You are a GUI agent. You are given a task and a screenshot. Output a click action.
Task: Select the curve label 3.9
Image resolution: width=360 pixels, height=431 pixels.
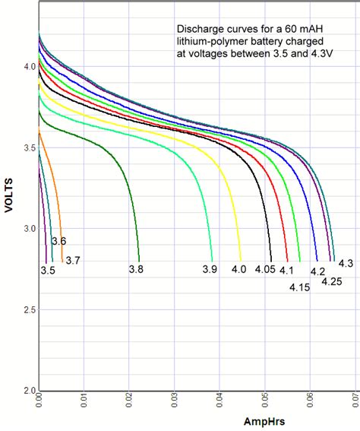click(x=210, y=270)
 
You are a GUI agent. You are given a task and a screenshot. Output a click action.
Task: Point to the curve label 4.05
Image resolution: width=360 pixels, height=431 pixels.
click(x=265, y=270)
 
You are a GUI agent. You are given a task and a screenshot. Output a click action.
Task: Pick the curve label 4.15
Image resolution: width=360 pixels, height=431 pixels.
click(x=300, y=287)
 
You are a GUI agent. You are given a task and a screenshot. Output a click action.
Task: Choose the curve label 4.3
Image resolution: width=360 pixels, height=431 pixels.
click(x=346, y=263)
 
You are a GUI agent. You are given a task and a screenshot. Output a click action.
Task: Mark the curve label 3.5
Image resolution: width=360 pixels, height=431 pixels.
click(x=48, y=271)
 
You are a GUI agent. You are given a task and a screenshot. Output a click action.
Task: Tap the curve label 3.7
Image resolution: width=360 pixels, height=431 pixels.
click(x=73, y=261)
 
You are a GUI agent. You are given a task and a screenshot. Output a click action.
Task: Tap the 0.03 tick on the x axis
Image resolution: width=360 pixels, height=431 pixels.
click(x=175, y=401)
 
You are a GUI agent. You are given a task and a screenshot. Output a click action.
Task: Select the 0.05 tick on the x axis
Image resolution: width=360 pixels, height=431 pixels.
click(x=265, y=401)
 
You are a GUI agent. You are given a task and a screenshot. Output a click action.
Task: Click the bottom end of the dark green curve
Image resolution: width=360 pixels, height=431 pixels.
click(x=139, y=260)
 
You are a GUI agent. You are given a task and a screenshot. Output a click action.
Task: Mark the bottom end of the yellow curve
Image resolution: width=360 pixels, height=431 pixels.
click(x=241, y=260)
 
